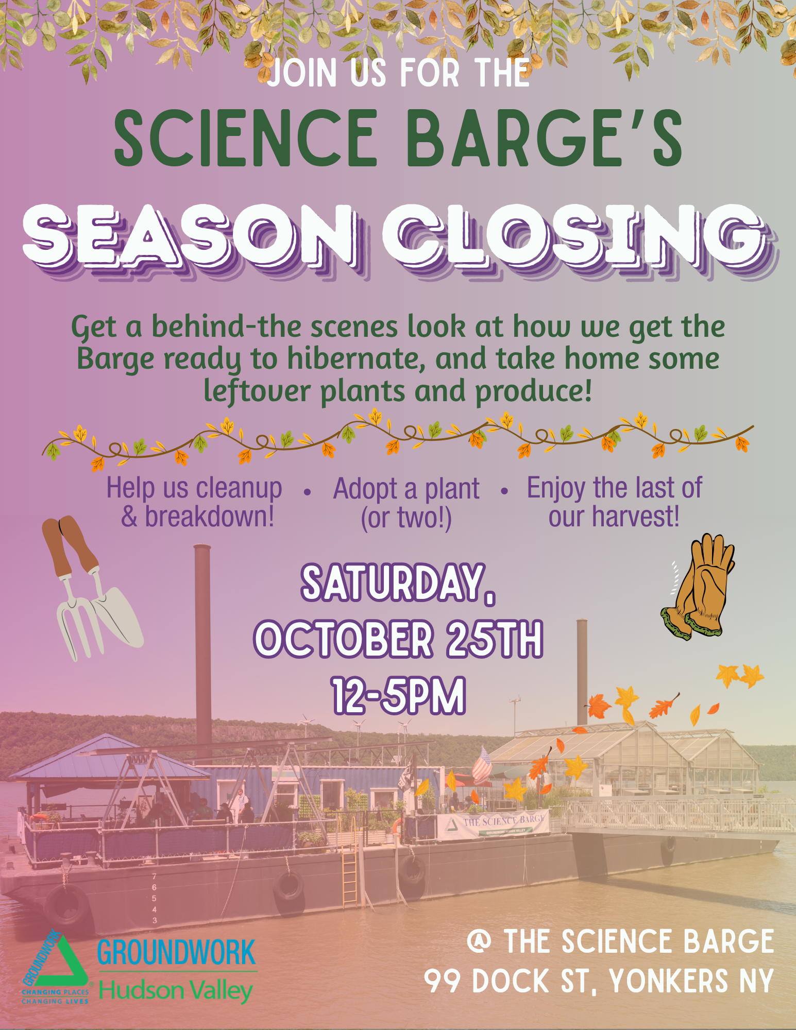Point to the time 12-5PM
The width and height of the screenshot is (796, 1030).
click(x=399, y=696)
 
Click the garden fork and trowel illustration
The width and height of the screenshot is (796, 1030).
click(x=92, y=587)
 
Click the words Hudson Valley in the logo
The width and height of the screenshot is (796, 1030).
click(x=176, y=990)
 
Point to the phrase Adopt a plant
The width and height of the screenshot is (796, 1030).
click(x=406, y=489)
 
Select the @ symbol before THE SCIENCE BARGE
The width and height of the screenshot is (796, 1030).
click(x=479, y=941)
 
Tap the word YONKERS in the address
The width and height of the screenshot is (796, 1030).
click(x=669, y=980)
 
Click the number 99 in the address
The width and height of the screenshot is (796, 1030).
click(x=443, y=980)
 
